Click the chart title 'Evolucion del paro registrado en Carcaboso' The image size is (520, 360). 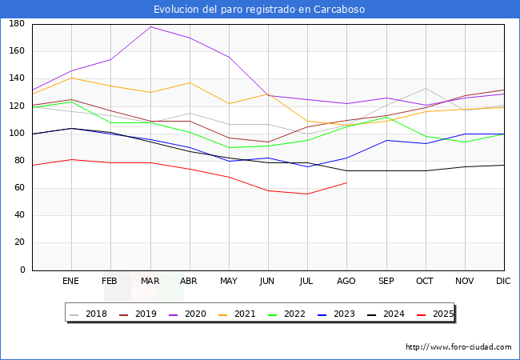click(x=259, y=10)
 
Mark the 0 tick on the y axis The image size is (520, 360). click(x=23, y=270)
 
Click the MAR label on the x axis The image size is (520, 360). click(x=150, y=282)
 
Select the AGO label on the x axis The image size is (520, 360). click(x=346, y=282)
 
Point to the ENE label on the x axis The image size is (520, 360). click(x=71, y=282)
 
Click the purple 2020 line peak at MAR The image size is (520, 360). click(x=150, y=26)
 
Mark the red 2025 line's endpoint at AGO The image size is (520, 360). click(x=346, y=182)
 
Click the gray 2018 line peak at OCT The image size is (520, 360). click(x=426, y=88)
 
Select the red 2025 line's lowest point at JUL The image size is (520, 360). click(x=307, y=194)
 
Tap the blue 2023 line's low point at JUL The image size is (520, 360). click(x=307, y=166)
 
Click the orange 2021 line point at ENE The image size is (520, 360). click(x=71, y=78)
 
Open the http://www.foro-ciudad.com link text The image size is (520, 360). click(x=458, y=347)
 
